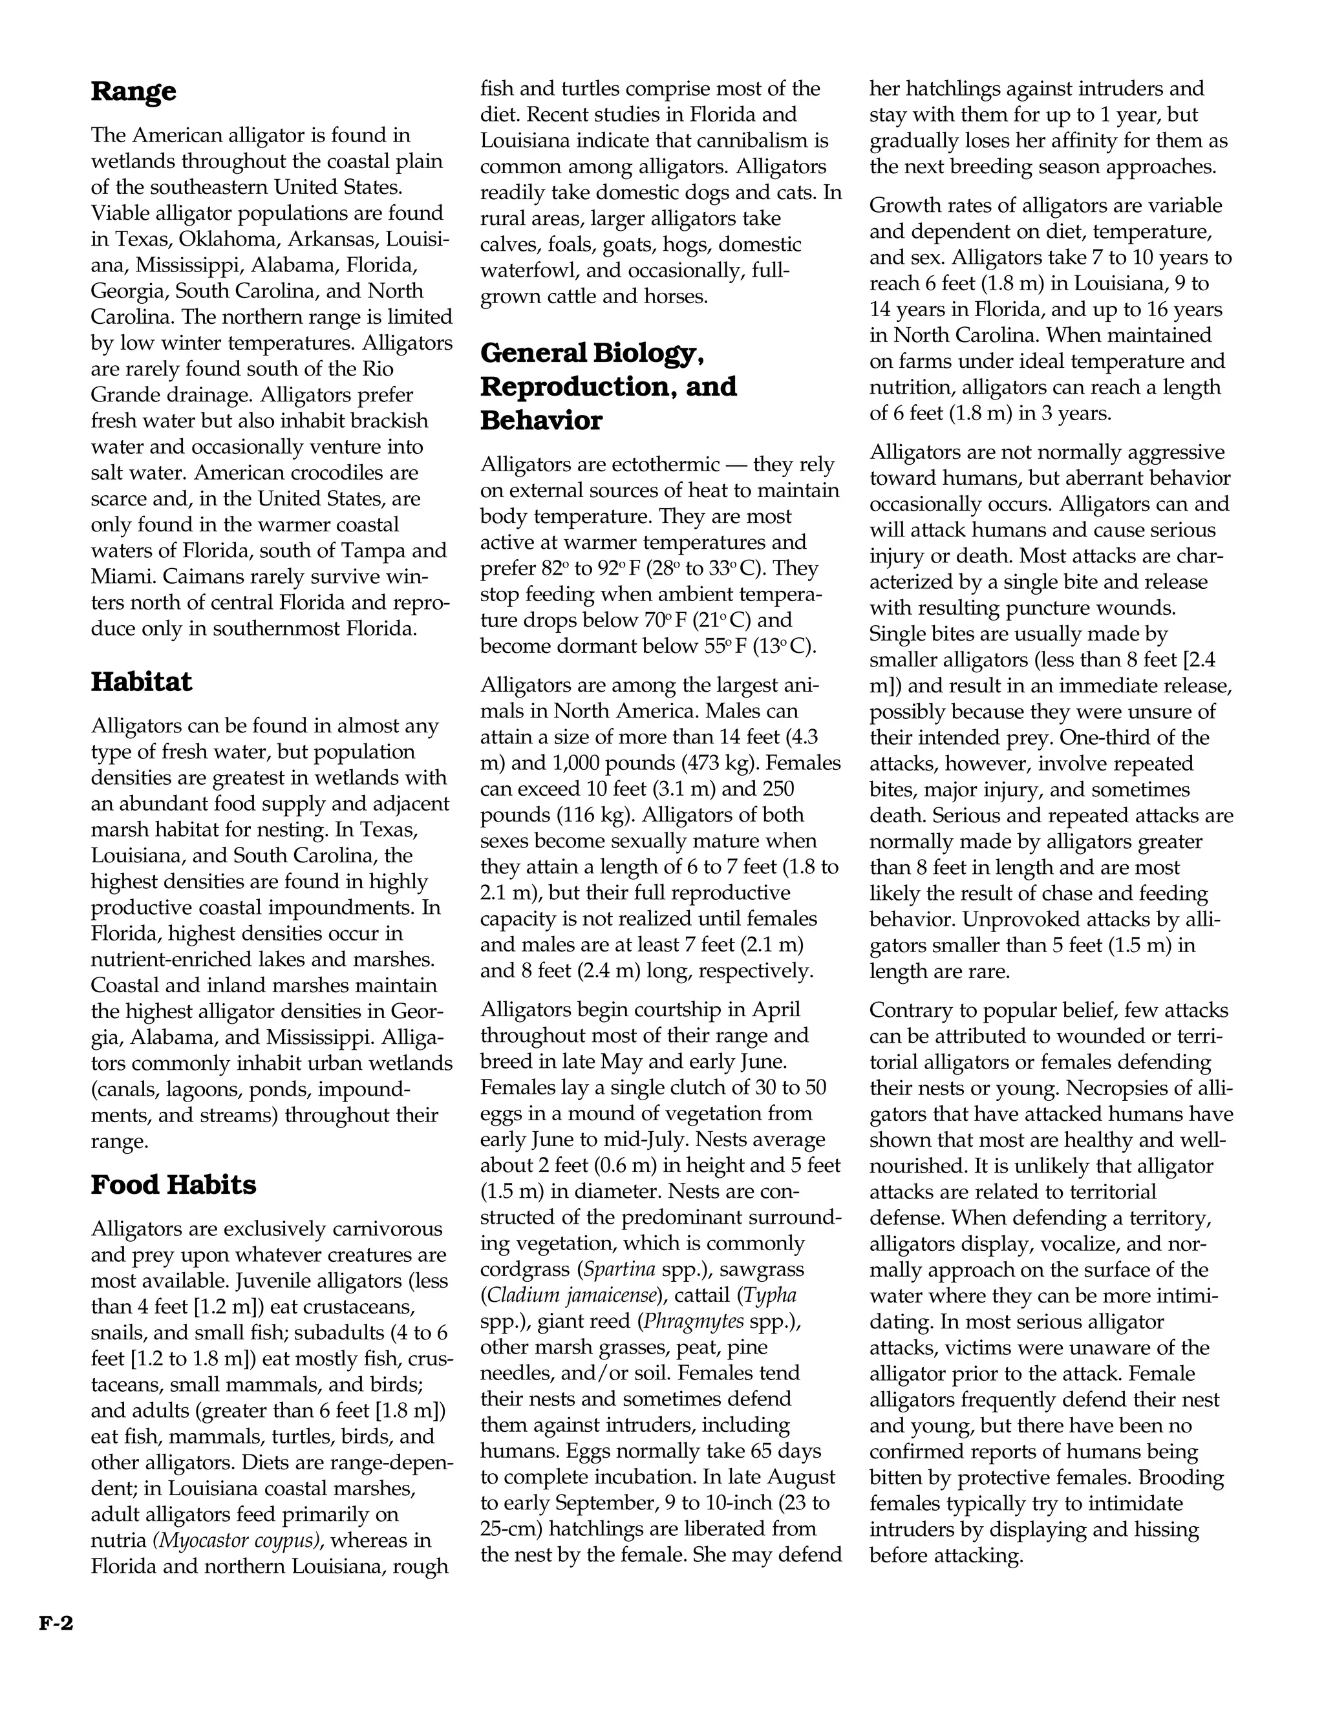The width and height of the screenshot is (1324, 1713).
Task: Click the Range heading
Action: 133,92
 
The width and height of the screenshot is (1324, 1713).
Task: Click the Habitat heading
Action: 141,681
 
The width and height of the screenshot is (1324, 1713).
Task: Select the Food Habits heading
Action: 173,1184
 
